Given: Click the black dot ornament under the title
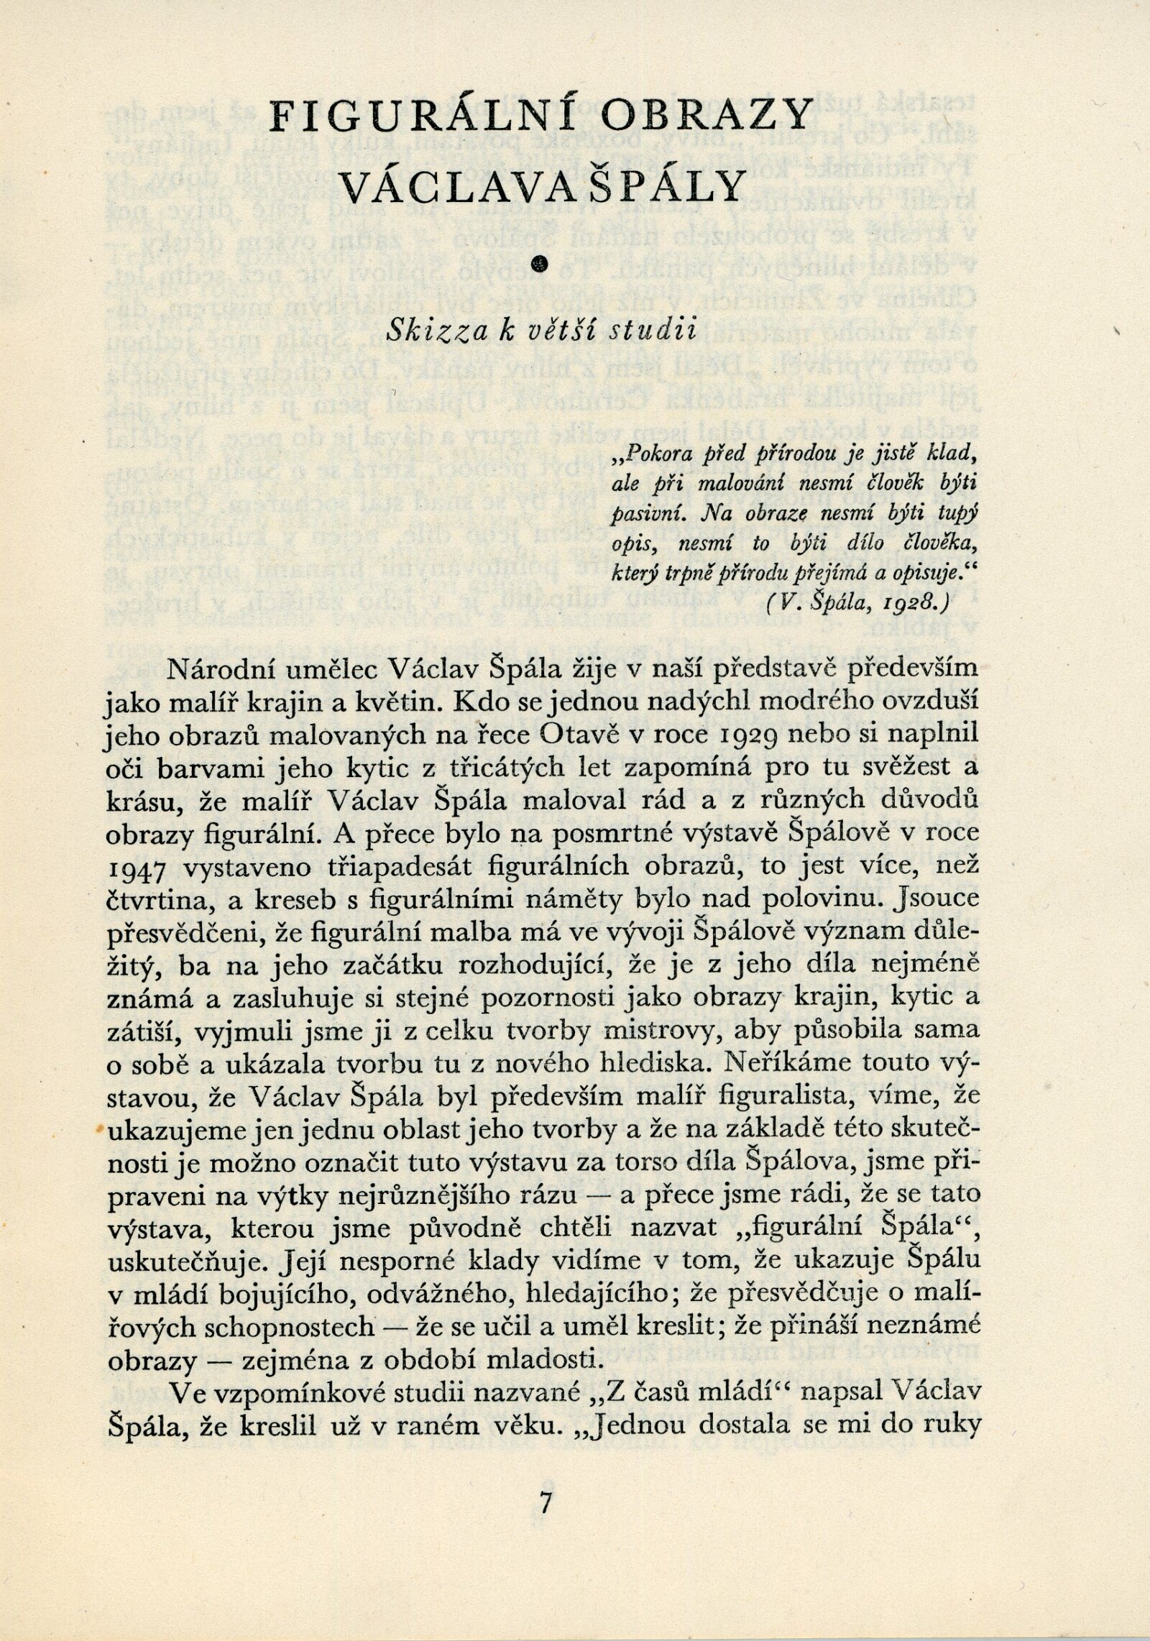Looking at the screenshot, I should click(544, 265).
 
